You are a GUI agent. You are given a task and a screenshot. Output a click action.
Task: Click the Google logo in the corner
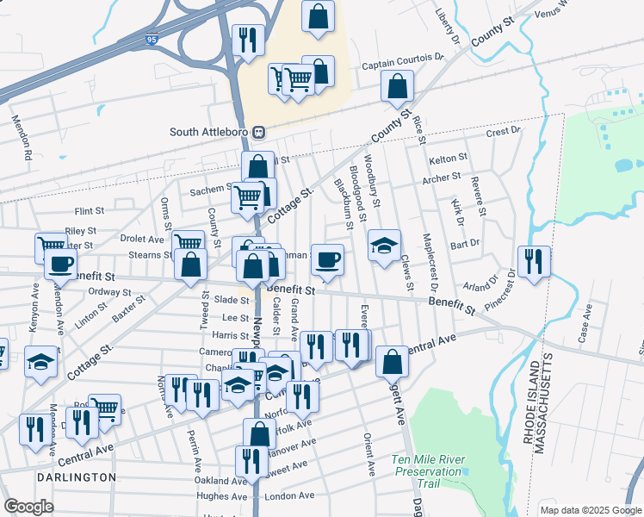28,507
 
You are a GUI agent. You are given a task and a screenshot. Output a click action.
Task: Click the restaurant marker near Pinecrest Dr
534,262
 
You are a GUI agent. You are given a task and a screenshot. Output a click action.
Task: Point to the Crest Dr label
504,132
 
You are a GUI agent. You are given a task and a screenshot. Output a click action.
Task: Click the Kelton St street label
448,159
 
